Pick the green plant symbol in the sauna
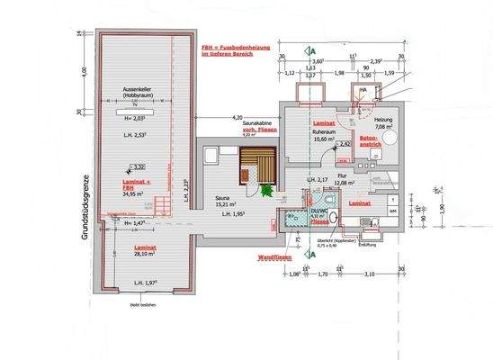pos(266,188)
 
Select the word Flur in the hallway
pos(342,176)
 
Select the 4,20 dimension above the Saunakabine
pos(238,119)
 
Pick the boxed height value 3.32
pos(139,166)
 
